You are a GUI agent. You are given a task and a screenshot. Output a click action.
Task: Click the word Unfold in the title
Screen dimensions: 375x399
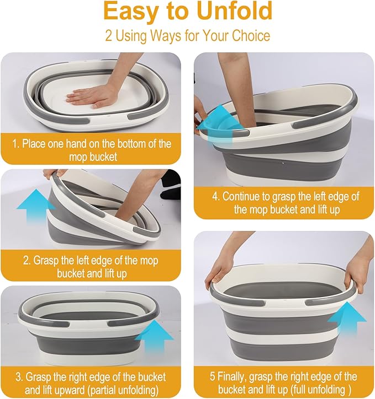(x=235, y=12)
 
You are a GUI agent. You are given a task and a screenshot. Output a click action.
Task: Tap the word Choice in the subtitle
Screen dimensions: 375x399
(x=251, y=36)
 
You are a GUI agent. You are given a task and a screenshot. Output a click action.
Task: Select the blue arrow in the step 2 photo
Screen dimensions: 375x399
(x=36, y=206)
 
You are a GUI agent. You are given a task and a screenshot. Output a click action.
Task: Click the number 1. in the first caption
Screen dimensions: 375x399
(x=16, y=144)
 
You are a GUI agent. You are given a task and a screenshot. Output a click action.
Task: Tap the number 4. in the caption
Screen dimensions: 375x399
(x=216, y=197)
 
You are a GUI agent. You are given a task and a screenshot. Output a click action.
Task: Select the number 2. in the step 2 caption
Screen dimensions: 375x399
(x=27, y=261)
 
